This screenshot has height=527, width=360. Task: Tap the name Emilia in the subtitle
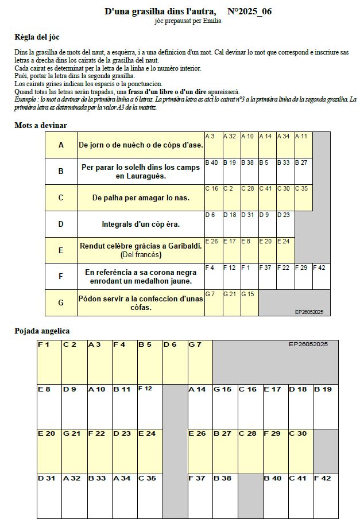point(210,21)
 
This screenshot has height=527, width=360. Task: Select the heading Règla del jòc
point(37,37)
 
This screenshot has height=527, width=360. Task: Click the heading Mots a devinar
point(40,125)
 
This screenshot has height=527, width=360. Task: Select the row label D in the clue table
point(61,224)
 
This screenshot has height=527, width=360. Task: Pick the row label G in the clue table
point(61,303)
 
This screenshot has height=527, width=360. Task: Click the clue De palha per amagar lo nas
point(141,197)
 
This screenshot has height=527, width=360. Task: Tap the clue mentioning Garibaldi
point(141,246)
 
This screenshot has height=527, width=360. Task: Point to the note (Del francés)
point(141,254)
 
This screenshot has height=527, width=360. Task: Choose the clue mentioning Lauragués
point(141,172)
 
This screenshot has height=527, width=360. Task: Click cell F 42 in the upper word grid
point(322,276)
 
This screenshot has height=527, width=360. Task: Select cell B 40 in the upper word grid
point(213,171)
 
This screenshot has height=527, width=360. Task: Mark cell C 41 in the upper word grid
point(267,197)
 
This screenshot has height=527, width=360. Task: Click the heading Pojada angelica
point(42,331)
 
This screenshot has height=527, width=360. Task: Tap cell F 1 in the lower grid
point(49,362)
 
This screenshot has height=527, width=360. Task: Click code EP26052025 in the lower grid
point(308,344)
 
